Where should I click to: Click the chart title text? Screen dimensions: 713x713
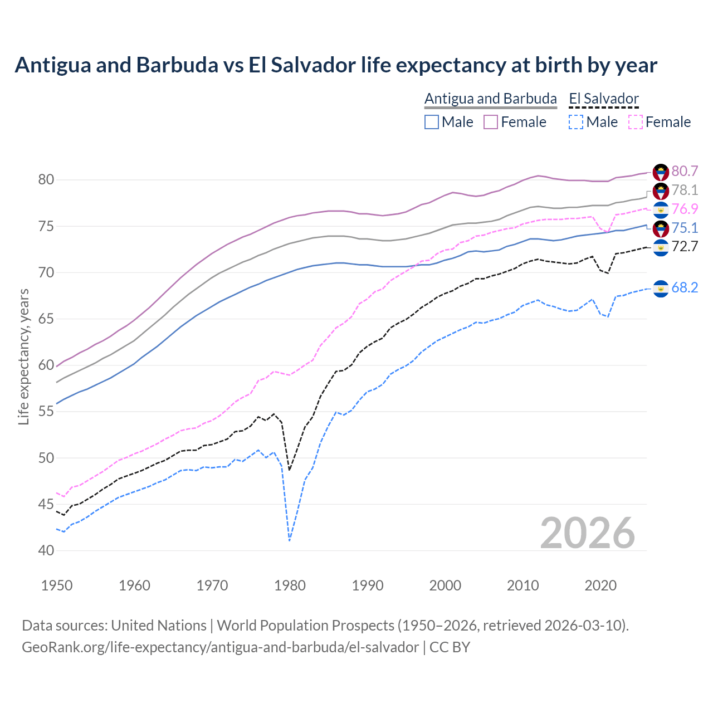336,65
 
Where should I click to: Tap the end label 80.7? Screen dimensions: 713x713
685,171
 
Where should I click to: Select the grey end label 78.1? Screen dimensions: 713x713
685,190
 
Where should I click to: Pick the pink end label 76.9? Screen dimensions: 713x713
685,209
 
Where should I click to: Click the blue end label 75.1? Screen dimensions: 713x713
685,228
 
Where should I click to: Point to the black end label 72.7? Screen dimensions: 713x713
685,246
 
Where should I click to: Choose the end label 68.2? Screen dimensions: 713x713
685,287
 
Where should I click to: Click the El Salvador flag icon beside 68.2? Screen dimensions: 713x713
661,288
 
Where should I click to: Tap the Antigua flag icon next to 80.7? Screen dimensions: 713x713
661,172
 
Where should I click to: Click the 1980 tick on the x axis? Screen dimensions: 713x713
290,585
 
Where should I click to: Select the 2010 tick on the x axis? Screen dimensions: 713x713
523,585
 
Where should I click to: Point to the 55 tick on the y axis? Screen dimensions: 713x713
46,412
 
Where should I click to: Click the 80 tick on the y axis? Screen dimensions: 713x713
46,180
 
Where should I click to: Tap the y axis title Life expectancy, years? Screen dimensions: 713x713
24,356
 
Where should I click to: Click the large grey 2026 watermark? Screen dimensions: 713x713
588,533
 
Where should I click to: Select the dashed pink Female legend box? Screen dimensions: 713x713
635,122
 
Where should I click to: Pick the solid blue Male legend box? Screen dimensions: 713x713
432,122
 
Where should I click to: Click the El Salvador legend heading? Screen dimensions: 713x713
604,99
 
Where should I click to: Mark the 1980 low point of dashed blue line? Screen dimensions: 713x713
290,540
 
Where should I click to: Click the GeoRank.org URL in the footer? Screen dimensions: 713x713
220,647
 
